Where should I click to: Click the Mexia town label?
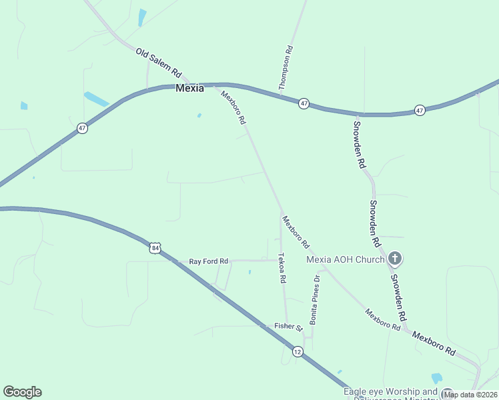(x=189, y=88)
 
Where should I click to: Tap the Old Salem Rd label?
(x=159, y=61)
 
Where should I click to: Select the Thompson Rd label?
(x=287, y=67)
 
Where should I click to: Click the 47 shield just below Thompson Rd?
(x=304, y=103)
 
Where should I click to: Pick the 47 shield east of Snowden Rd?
(x=419, y=109)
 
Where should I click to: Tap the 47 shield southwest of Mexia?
(x=81, y=128)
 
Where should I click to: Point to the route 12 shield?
(x=297, y=351)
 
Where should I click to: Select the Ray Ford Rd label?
(x=209, y=261)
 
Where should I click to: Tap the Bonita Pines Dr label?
(x=314, y=299)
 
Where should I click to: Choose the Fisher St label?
(x=289, y=327)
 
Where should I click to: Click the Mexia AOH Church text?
(x=345, y=259)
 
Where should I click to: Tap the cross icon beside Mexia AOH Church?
(x=395, y=258)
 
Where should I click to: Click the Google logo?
(x=22, y=392)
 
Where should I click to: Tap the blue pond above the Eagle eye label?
(x=437, y=378)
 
